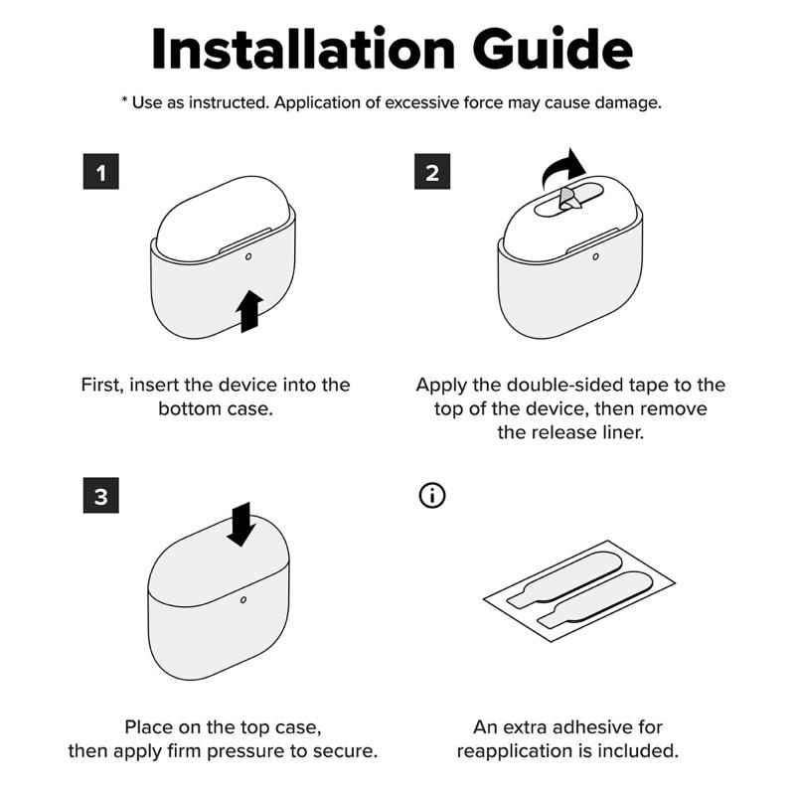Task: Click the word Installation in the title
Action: tap(303, 49)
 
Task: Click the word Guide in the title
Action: tap(553, 49)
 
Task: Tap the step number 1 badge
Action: tap(101, 171)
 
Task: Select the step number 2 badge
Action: tap(432, 171)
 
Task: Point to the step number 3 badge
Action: tap(101, 495)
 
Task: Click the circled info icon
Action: tap(432, 495)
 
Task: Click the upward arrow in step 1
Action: tap(249, 311)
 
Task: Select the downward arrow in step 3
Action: tap(240, 525)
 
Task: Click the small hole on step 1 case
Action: tap(247, 256)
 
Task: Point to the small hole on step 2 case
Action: tap(595, 256)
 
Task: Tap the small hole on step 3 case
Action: tap(243, 600)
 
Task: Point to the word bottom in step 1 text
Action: tap(190, 408)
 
